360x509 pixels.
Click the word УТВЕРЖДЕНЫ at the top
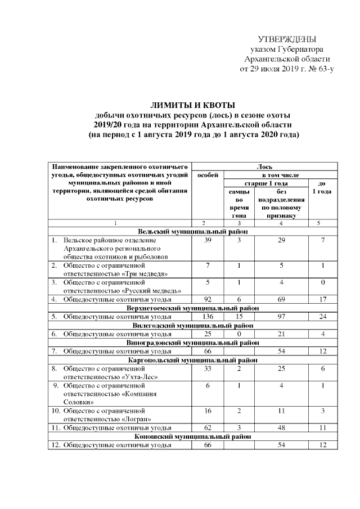click(x=286, y=39)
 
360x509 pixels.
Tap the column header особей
click(x=208, y=175)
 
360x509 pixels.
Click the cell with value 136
click(x=208, y=317)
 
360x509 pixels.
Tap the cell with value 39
click(x=208, y=240)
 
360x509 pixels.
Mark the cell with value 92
click(x=208, y=299)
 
